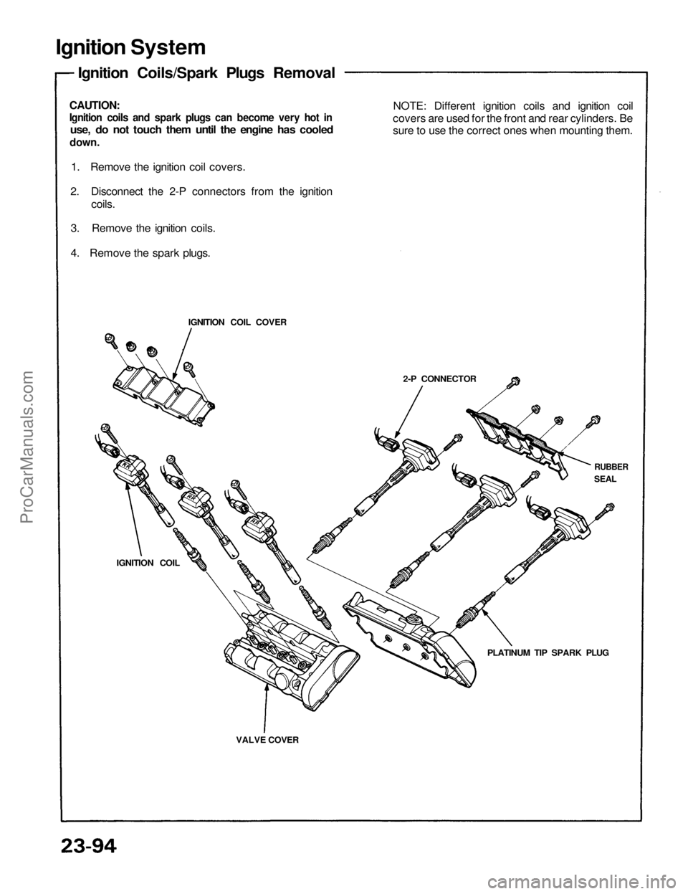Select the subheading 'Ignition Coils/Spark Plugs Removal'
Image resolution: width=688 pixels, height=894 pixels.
[x=206, y=73]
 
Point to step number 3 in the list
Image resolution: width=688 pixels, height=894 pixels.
[x=75, y=228]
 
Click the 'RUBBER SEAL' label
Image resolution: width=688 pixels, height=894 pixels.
[x=611, y=472]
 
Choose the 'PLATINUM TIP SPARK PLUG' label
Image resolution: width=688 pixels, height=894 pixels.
[x=547, y=654]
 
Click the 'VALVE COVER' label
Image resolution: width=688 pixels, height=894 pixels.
[x=267, y=738]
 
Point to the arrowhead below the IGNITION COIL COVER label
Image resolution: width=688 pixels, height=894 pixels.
[x=174, y=375]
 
